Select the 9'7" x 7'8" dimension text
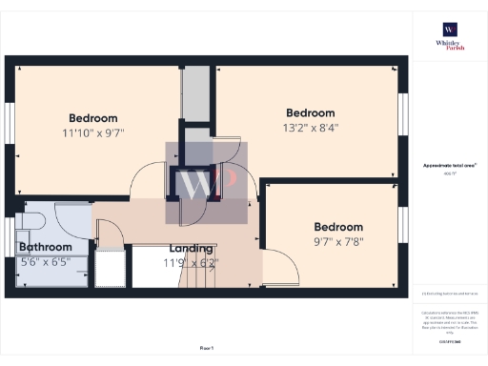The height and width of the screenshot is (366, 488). tap(338, 242)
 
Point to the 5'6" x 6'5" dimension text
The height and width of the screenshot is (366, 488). tap(46, 261)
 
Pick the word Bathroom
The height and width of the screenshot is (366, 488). tap(46, 247)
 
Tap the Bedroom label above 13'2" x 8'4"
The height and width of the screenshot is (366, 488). tap(311, 112)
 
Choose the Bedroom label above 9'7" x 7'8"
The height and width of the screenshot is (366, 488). tap(338, 227)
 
